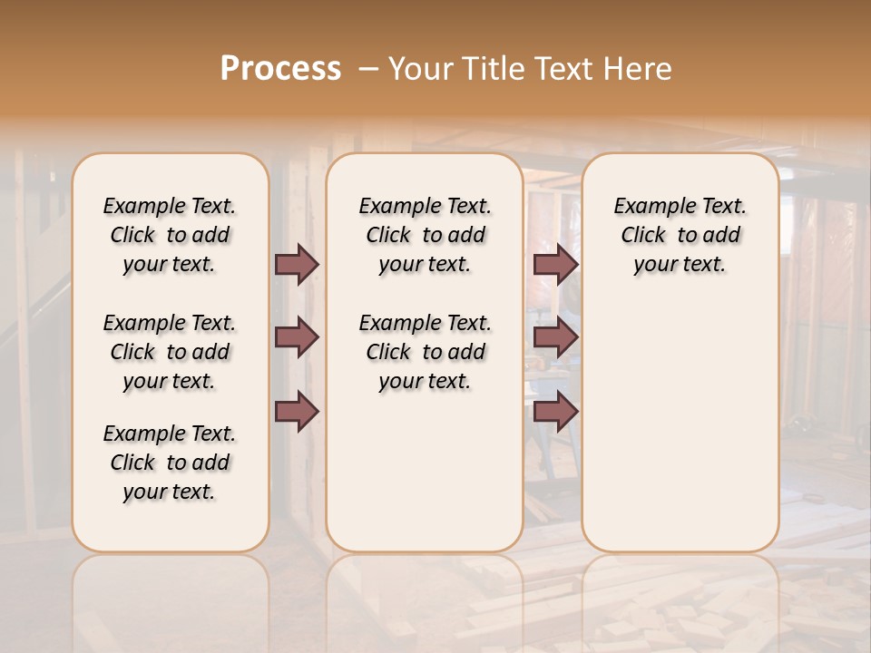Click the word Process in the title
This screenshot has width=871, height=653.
click(x=280, y=68)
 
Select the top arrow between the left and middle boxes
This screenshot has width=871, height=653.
click(x=297, y=264)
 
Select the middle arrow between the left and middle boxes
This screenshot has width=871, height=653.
click(x=297, y=337)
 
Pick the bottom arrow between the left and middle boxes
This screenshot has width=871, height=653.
click(x=297, y=412)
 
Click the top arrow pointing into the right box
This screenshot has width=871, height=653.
click(x=555, y=264)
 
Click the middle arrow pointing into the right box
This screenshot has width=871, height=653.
click(x=555, y=337)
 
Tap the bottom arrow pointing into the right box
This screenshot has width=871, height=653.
click(x=555, y=412)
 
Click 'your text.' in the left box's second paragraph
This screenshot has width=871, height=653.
click(x=169, y=381)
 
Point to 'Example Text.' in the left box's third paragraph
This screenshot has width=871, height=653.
click(x=169, y=433)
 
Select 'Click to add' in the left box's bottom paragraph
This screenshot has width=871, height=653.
click(x=170, y=463)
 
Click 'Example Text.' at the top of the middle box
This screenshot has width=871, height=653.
click(x=425, y=206)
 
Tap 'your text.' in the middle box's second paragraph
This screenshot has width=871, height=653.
click(x=425, y=381)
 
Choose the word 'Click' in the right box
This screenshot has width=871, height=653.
click(x=643, y=235)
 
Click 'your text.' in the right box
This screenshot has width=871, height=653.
click(x=680, y=264)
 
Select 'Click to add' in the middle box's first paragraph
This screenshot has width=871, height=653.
click(x=426, y=235)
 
